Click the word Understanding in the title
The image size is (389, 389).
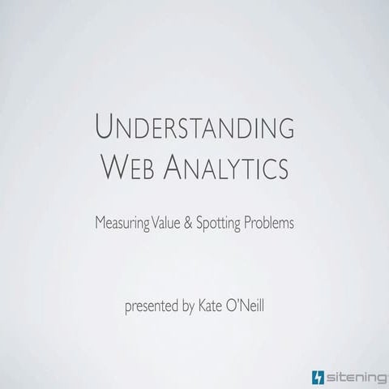click(x=194, y=129)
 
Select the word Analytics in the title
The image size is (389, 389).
click(x=231, y=169)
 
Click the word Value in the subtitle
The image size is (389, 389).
click(x=171, y=220)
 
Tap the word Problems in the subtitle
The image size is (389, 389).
click(x=271, y=220)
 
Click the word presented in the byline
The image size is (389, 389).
click(x=152, y=307)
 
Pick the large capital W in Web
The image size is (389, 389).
click(x=115, y=168)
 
